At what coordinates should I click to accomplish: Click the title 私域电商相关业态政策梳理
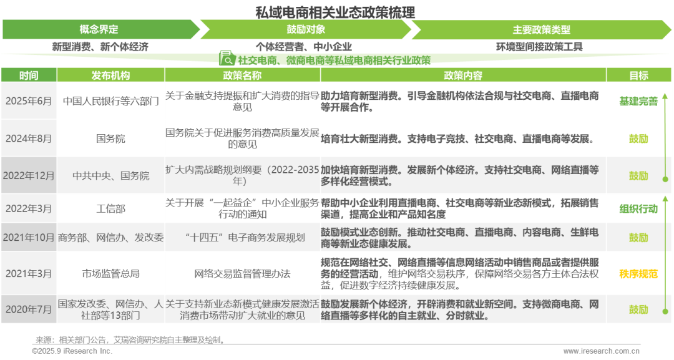click(x=335, y=12)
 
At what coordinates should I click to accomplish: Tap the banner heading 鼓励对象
click(x=306, y=30)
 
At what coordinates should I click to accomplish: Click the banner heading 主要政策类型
click(x=541, y=30)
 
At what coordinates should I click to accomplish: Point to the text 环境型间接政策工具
click(x=539, y=47)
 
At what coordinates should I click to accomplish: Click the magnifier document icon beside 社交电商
click(x=227, y=59)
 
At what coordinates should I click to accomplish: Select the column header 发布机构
click(x=110, y=75)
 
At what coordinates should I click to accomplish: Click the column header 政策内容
click(x=463, y=75)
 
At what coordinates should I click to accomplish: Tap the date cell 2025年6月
click(x=28, y=101)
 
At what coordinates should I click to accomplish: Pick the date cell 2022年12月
click(x=29, y=176)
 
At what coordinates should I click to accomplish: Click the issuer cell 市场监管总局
click(x=110, y=274)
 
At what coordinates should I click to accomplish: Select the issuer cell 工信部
click(x=110, y=209)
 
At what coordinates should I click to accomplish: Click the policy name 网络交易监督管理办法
click(x=242, y=274)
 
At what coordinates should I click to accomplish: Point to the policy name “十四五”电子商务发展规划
click(x=242, y=238)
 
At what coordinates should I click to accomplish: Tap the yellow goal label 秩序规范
click(x=638, y=274)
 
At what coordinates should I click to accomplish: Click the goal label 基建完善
click(x=638, y=101)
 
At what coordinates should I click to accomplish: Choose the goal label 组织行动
click(x=638, y=209)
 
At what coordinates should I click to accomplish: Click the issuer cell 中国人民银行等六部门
click(x=110, y=101)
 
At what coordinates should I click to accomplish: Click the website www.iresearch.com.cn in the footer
click(x=602, y=351)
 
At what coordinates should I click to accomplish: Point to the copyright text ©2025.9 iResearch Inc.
click(x=72, y=351)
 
